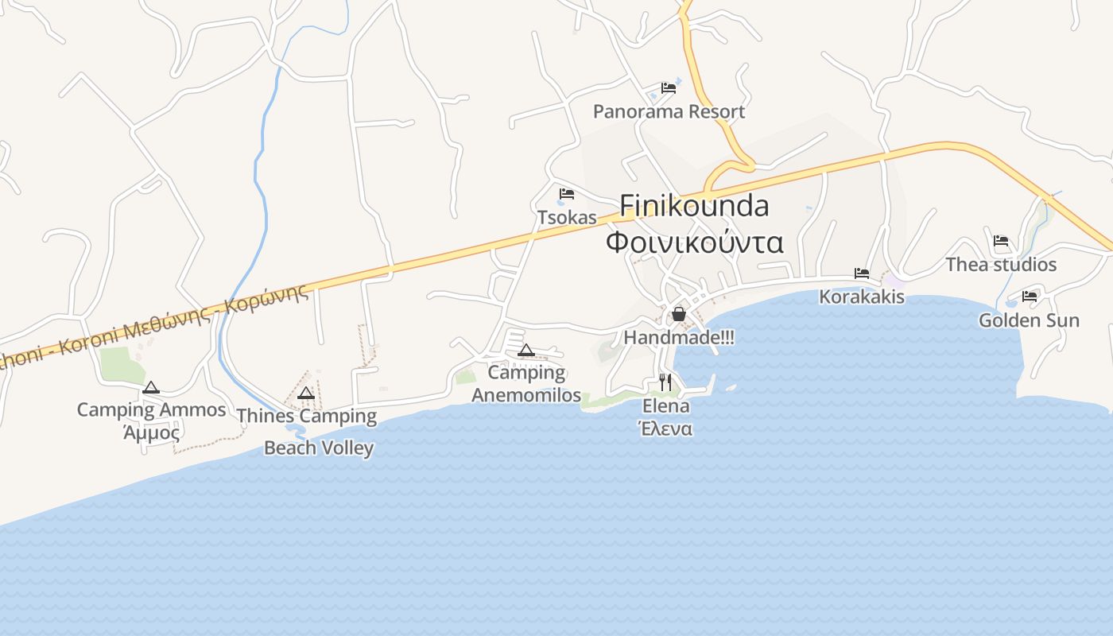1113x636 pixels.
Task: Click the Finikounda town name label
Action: [694, 206]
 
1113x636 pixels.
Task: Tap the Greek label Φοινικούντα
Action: [694, 242]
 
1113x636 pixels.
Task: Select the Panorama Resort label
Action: [669, 111]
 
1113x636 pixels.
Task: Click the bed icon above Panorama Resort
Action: [669, 88]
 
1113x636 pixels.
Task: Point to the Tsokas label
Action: [567, 217]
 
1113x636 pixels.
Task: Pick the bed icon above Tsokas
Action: [567, 194]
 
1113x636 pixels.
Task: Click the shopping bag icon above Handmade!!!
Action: [679, 314]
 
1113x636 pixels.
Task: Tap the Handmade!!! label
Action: [679, 337]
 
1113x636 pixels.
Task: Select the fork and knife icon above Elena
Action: [666, 382]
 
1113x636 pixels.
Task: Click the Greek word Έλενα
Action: [666, 429]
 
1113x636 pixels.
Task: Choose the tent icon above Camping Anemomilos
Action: [525, 350]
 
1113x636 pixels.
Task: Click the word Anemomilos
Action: [526, 395]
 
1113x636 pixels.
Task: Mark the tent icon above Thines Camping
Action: [306, 393]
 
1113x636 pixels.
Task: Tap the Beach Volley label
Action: [319, 448]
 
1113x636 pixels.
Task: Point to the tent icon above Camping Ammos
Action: [151, 388]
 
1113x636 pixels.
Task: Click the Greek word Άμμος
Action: [151, 432]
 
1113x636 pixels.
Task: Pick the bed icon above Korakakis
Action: [862, 273]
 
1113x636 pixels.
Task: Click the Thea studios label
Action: [1001, 264]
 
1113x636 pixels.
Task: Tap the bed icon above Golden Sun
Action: [1030, 297]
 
